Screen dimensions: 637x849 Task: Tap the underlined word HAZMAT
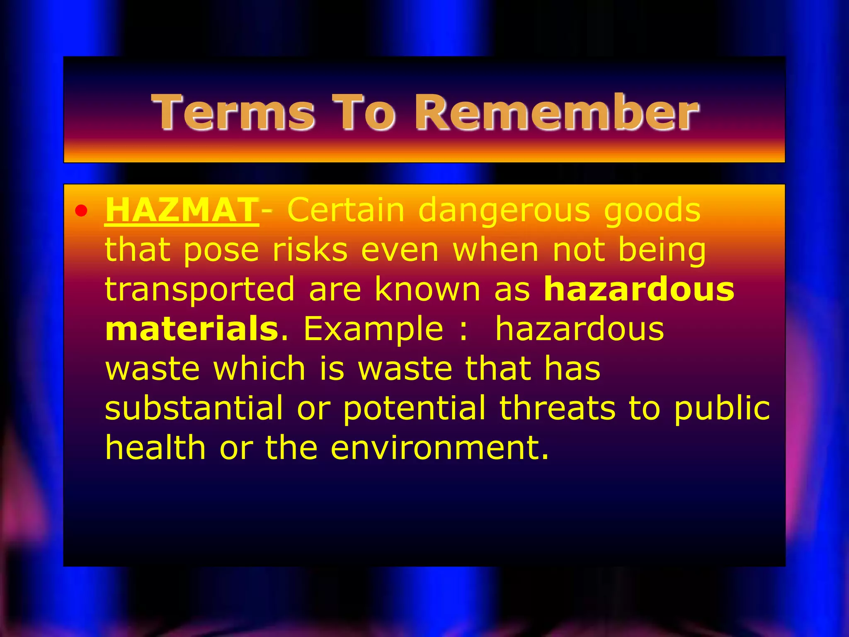(x=182, y=210)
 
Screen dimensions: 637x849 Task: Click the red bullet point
(x=81, y=211)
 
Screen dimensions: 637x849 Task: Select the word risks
(x=310, y=250)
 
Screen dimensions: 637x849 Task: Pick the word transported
(x=199, y=289)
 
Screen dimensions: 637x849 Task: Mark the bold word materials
(x=192, y=328)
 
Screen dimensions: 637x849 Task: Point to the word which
(x=260, y=368)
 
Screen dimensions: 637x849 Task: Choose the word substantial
(x=194, y=408)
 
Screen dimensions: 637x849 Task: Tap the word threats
(x=557, y=408)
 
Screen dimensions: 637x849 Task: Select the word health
(x=155, y=447)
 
